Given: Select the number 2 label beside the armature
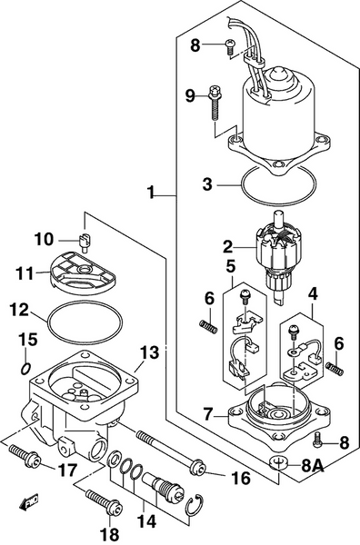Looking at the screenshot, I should tap(229, 244).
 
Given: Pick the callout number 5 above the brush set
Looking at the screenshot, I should tap(231, 267).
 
